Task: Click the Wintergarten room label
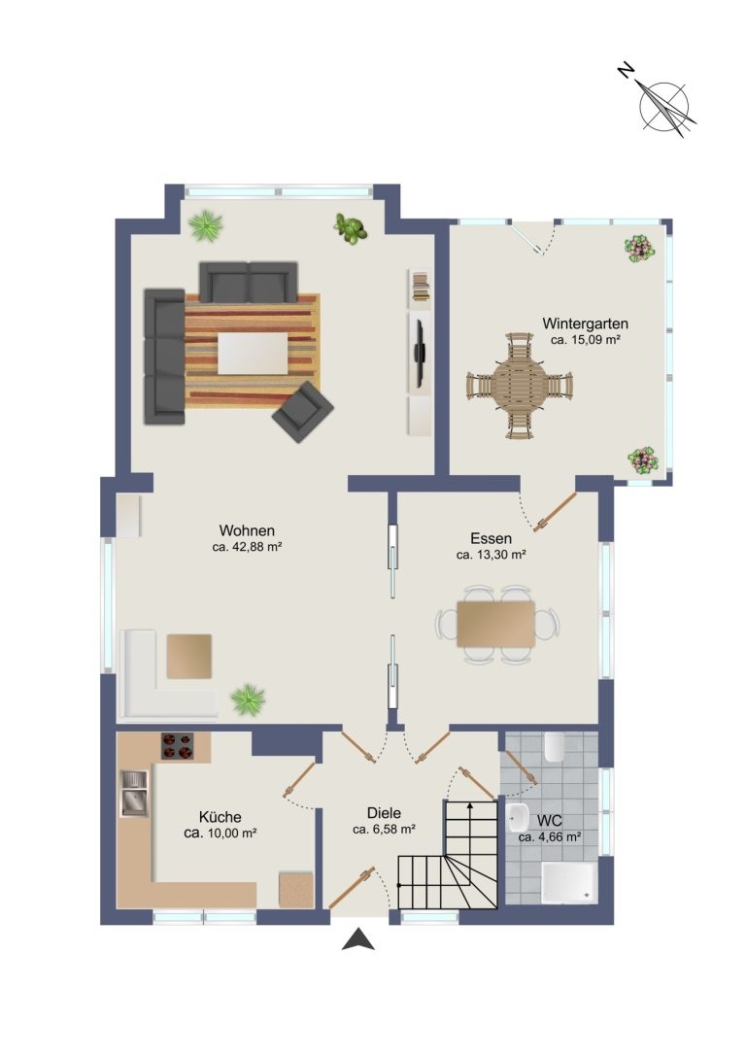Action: coord(585,324)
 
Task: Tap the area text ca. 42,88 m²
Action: coord(247,548)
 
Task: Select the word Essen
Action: coord(491,539)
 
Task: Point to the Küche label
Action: coord(220,818)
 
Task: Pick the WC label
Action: coord(550,821)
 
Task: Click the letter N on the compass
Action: coord(627,70)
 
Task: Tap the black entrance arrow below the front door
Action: coord(358,939)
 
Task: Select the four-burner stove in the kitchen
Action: coord(177,746)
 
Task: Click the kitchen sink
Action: coord(134,794)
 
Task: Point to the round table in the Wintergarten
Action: coord(519,386)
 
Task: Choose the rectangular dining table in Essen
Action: coord(496,624)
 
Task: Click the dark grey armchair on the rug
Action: coord(303,412)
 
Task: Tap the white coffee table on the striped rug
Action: coord(253,354)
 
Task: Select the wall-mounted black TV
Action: coord(419,354)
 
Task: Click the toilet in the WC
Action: coord(555,746)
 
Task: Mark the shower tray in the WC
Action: coord(569,881)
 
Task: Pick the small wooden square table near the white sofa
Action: coord(189,656)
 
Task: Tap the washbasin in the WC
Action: coord(517,817)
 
